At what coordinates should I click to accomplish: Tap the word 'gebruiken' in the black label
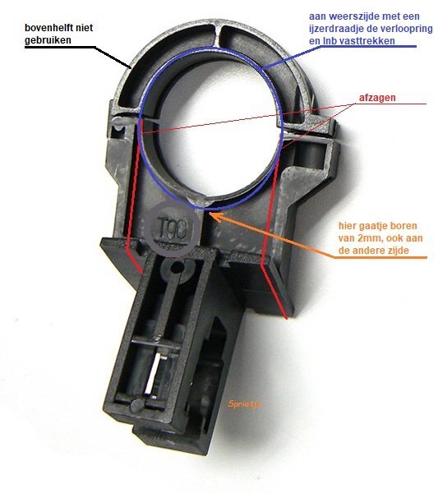tap(48, 40)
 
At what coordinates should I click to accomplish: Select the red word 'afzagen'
tap(377, 98)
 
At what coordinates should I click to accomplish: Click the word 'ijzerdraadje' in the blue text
tap(337, 29)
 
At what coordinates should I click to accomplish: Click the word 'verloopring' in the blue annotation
tap(407, 29)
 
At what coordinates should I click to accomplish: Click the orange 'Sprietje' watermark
tap(244, 404)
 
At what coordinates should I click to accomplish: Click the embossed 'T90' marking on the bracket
tap(173, 227)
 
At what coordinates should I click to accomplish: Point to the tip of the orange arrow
tap(209, 213)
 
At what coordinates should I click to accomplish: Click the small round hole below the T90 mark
tap(178, 268)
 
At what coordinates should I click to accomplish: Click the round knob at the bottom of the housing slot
tap(137, 405)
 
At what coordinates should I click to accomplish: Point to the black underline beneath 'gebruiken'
tap(60, 48)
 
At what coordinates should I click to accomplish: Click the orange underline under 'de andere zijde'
tap(380, 257)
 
